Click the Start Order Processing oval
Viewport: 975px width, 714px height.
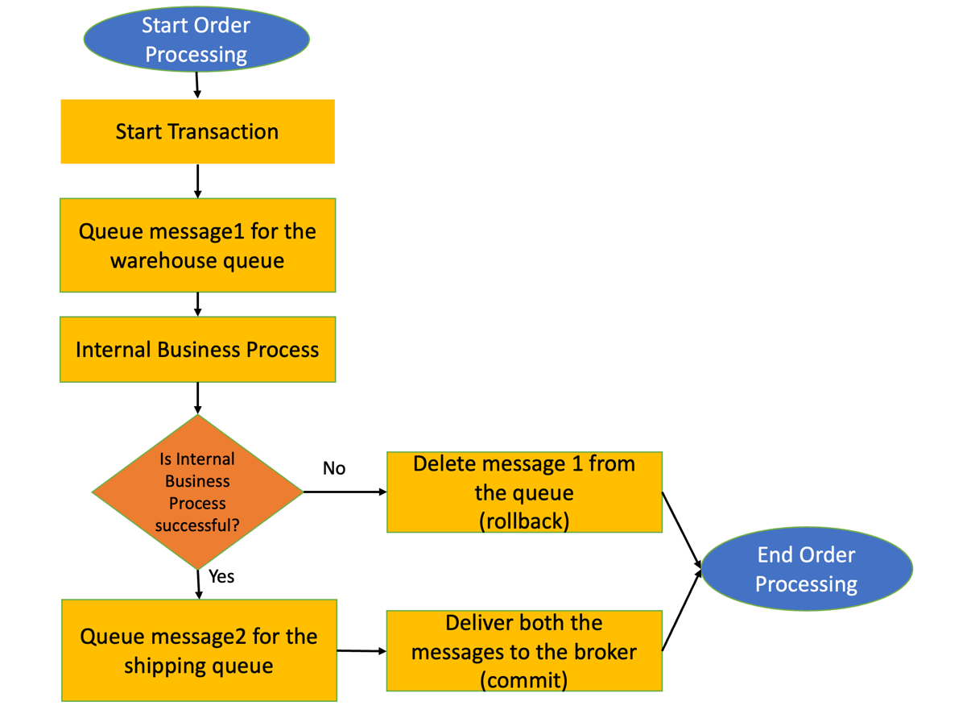[196, 39]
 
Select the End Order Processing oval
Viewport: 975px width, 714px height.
[807, 569]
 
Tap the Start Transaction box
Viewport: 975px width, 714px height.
[197, 131]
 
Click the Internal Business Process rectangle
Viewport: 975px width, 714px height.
[197, 350]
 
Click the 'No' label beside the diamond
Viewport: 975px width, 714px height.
[334, 468]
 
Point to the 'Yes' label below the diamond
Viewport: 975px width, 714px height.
[221, 577]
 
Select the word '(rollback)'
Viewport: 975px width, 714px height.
[524, 521]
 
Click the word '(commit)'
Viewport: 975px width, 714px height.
[524, 680]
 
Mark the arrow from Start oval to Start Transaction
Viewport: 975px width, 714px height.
[197, 85]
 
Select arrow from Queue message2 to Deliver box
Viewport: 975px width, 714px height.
[361, 650]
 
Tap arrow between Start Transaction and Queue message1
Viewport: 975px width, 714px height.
[197, 181]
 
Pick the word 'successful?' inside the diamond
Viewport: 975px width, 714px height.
[197, 525]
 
